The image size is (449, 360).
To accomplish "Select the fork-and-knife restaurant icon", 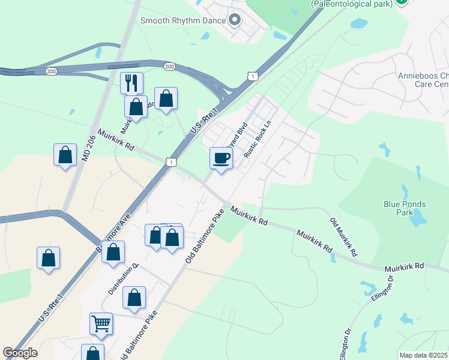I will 131,83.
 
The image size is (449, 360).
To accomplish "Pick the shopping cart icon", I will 101,323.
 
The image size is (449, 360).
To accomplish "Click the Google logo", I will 20,353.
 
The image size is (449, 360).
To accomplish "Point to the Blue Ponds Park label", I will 405,208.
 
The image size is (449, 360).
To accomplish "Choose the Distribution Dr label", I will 123,279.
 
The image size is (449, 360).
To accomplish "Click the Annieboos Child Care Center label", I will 423,80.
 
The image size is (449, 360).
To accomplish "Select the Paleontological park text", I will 351,4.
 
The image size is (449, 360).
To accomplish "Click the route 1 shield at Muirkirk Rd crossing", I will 172,162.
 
